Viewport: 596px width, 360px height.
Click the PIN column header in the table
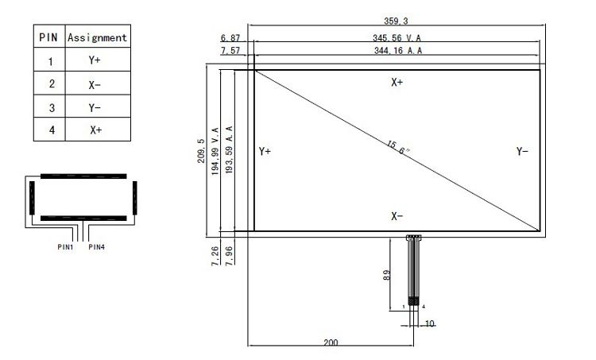click(x=48, y=37)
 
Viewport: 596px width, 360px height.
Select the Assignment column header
click(x=97, y=37)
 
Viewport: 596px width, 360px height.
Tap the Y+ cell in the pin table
click(x=95, y=60)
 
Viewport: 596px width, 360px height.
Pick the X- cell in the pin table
click(x=95, y=85)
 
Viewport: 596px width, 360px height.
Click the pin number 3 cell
click(x=52, y=108)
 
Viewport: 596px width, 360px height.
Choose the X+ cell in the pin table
click(x=96, y=130)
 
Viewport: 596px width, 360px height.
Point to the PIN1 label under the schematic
click(x=65, y=247)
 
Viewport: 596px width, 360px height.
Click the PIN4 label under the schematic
click(x=96, y=247)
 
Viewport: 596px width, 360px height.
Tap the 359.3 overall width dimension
click(x=396, y=21)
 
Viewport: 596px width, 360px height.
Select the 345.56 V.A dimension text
click(x=397, y=38)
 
